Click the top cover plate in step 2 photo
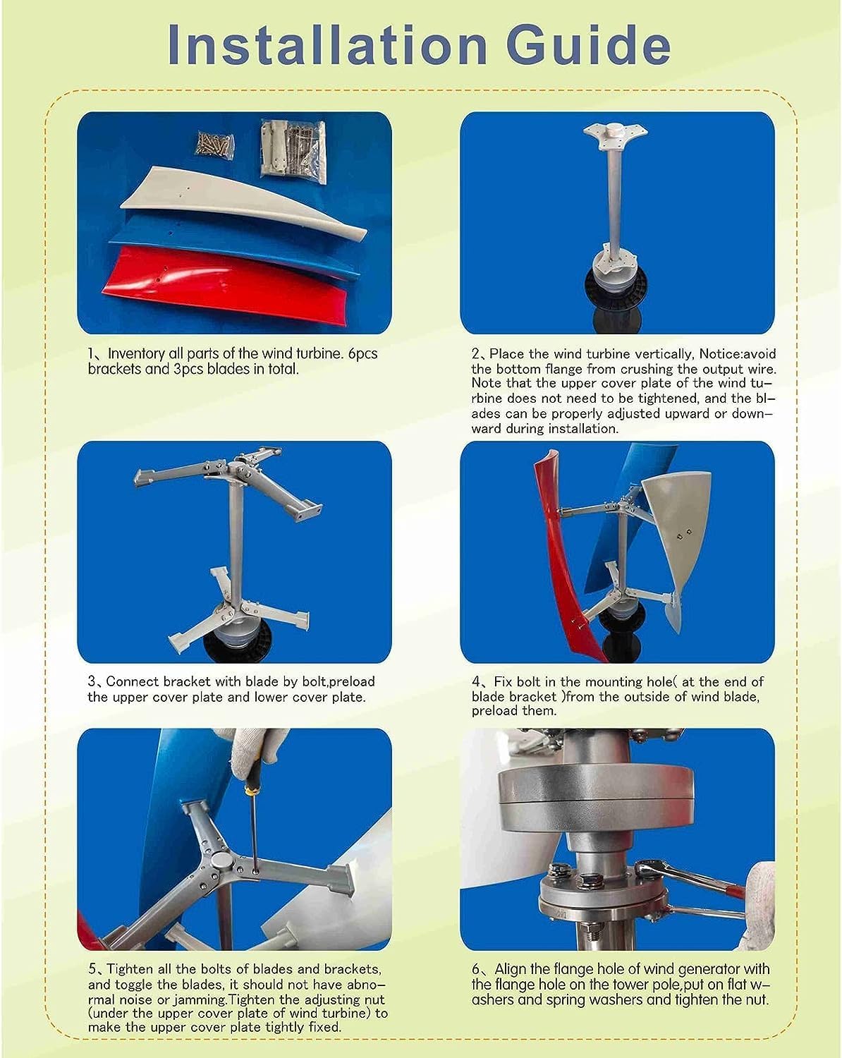click(x=616, y=136)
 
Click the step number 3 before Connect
click(x=92, y=682)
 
